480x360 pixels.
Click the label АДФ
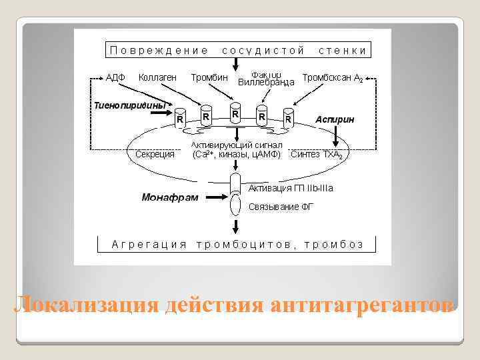116,78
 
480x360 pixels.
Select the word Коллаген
157,77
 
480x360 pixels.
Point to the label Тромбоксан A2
333,78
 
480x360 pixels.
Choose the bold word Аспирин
335,119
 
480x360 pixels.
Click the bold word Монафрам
170,197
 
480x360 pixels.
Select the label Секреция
155,155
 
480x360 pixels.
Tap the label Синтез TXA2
317,155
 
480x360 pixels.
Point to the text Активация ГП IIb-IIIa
291,189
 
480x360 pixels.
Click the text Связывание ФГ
281,207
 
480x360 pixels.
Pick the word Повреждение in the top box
158,50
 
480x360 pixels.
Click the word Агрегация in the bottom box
149,244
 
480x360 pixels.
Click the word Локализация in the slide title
86,304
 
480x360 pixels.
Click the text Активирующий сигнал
237,145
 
